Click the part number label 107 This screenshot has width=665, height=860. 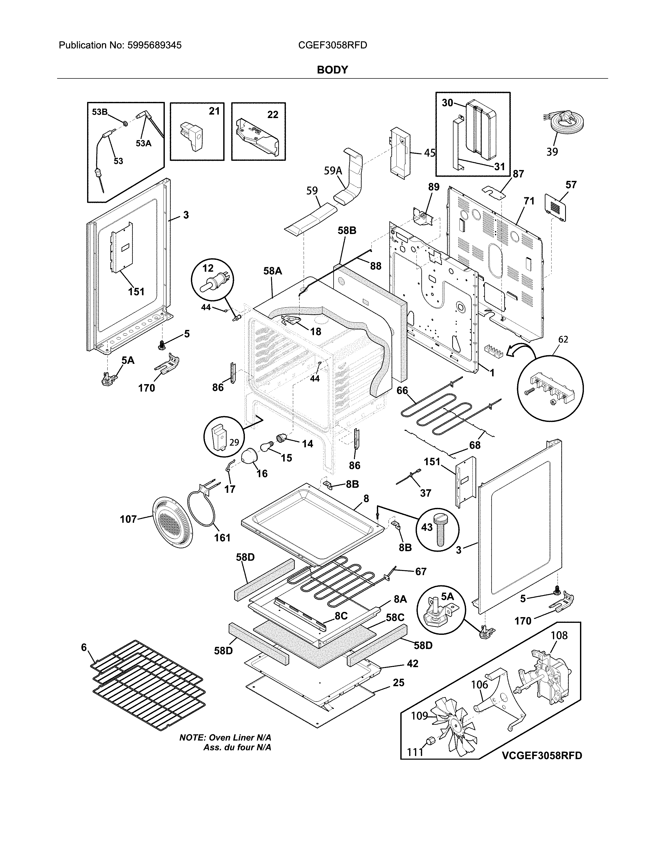[128, 519]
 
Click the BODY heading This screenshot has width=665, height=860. [332, 70]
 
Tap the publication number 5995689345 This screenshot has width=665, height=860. [154, 45]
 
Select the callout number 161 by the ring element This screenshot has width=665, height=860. [222, 537]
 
